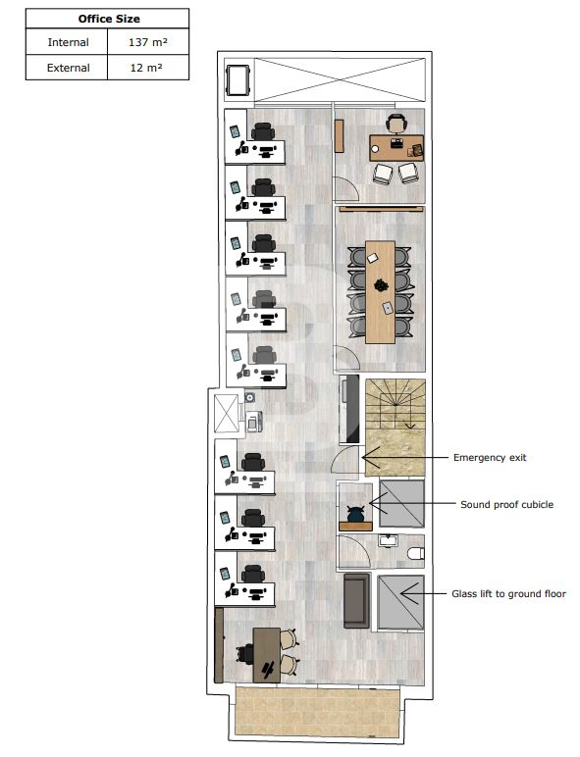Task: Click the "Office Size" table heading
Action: (109, 19)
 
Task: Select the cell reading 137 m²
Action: (148, 42)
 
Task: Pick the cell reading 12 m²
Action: (146, 68)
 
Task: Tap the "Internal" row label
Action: (68, 42)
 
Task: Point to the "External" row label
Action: (68, 68)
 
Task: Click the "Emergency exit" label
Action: (490, 457)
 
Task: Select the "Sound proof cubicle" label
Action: (507, 505)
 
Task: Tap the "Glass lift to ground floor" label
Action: (508, 594)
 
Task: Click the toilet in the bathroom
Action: (416, 553)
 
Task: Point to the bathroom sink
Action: (388, 540)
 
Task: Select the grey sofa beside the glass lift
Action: (357, 600)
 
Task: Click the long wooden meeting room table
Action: (381, 292)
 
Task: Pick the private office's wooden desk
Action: (396, 148)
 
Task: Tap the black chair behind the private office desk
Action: (396, 124)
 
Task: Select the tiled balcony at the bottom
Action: (317, 711)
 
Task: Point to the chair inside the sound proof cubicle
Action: (355, 513)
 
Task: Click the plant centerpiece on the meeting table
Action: (381, 285)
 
